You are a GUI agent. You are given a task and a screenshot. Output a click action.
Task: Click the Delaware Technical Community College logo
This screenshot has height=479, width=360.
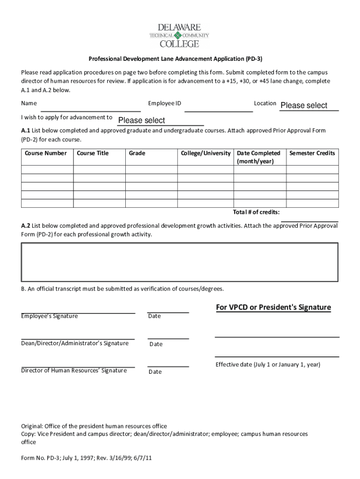179,35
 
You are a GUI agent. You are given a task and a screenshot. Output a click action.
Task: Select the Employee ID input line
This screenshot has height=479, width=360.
218,109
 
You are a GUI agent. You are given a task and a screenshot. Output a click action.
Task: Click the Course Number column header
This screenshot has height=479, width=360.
46,153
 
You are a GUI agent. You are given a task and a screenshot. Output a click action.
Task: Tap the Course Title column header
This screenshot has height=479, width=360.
93,153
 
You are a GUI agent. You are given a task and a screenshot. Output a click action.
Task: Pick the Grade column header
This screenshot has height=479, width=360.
137,153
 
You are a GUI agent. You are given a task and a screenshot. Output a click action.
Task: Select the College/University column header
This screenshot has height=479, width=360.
206,153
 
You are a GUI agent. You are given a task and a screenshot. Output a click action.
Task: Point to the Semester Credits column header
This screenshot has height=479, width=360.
312,153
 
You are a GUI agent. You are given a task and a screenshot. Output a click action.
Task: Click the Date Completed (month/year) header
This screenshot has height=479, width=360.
259,157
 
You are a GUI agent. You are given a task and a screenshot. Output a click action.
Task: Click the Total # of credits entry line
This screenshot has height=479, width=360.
309,218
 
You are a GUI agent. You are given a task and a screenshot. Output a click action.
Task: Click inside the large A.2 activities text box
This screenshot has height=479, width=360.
179,262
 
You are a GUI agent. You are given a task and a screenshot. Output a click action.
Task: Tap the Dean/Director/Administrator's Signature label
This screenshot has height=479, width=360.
75,343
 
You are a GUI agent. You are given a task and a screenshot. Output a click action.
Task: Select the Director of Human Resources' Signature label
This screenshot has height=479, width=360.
74,370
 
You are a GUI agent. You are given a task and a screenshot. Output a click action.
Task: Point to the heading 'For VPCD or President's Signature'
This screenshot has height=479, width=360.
273,307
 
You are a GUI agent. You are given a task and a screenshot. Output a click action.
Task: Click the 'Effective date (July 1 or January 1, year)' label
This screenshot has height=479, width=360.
268,364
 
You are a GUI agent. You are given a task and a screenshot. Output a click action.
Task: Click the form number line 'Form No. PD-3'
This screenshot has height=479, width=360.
86,458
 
